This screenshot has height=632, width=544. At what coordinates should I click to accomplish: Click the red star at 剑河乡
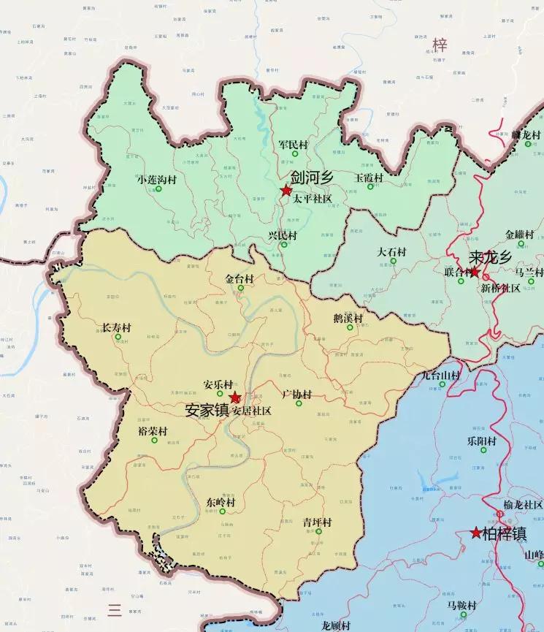coord(286,191)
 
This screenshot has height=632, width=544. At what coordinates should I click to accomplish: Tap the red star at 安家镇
coord(235,397)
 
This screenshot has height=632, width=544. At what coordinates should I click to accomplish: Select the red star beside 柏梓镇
coord(477,533)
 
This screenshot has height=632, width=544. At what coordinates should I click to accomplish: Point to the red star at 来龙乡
coord(475,273)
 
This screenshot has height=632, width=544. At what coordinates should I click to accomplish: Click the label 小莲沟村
coord(156,180)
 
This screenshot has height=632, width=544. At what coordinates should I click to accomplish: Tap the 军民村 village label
coord(294,145)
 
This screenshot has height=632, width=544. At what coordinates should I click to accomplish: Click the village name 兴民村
coord(283,235)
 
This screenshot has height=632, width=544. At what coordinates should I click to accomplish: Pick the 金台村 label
coord(240,279)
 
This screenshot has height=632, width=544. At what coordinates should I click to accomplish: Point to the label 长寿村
coord(115,328)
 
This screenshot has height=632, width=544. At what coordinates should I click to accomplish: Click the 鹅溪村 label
coord(348,318)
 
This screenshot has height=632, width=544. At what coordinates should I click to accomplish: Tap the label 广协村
coord(296,395)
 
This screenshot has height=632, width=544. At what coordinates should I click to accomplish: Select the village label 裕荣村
coord(152,431)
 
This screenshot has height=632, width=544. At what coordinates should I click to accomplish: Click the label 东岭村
coord(221,503)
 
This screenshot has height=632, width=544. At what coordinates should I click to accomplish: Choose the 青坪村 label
coord(318,522)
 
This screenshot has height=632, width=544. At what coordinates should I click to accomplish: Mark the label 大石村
coord(391,252)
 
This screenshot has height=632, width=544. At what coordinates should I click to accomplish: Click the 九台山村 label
coord(443,376)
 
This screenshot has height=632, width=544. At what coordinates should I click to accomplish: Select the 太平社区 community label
coord(313,199)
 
